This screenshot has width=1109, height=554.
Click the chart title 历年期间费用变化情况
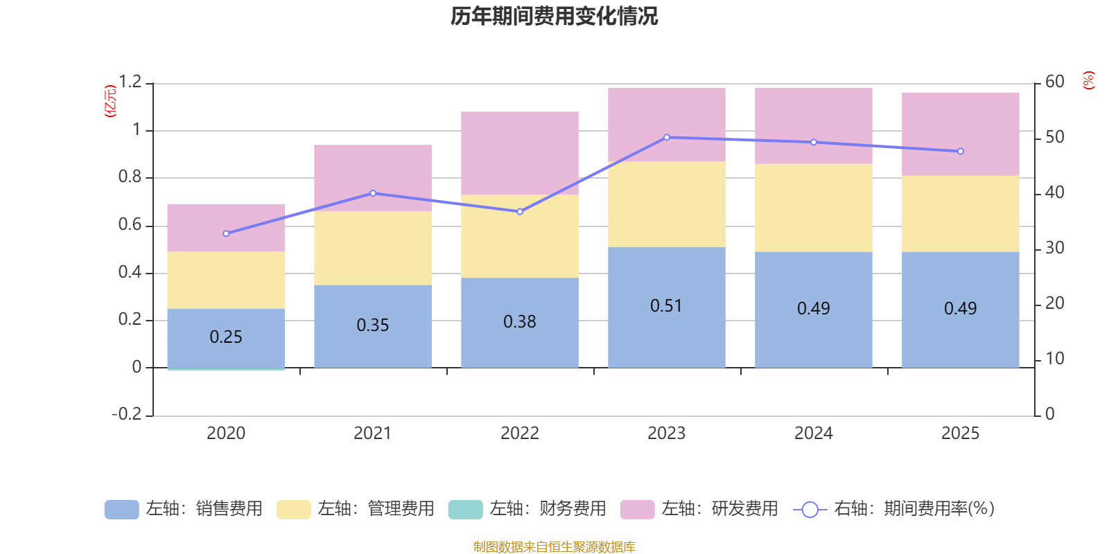554,16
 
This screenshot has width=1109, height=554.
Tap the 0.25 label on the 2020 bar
226,337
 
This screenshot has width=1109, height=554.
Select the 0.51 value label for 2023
666,306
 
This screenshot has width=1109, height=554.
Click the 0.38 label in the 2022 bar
520,322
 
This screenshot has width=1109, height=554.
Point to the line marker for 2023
667,137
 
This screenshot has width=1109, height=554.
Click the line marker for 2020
226,233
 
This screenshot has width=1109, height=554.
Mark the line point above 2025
961,151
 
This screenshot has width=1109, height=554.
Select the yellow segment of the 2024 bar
814,208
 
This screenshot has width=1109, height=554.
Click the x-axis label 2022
520,434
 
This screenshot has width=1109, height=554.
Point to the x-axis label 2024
813,434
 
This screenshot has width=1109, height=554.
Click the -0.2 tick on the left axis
127,414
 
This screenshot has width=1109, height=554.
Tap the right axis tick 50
1055,137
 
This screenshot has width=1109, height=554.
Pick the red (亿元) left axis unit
110,101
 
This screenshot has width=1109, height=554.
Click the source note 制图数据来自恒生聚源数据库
554,547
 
